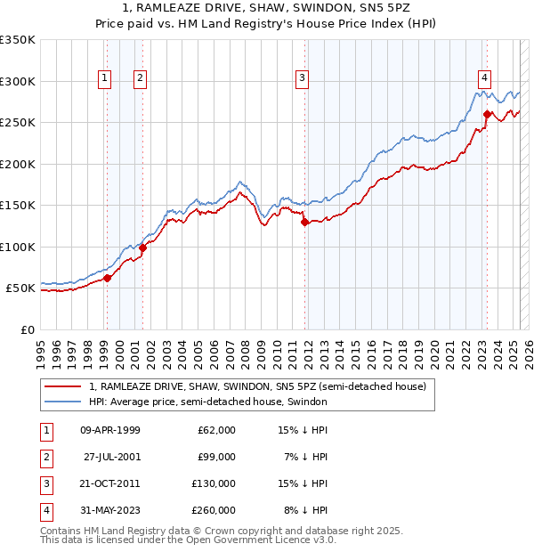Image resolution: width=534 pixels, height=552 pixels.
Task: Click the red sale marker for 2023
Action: click(488, 114)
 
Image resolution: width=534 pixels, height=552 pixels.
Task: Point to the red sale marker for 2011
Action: click(304, 223)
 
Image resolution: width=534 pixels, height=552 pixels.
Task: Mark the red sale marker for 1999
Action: click(107, 279)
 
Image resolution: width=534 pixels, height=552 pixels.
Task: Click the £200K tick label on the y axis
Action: click(18, 164)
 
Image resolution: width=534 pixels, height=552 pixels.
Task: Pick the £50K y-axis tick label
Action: click(20, 288)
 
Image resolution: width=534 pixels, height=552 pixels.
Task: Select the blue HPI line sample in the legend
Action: click(64, 402)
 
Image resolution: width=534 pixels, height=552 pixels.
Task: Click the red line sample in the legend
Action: click(64, 386)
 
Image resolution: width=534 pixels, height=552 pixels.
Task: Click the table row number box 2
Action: click(44, 457)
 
